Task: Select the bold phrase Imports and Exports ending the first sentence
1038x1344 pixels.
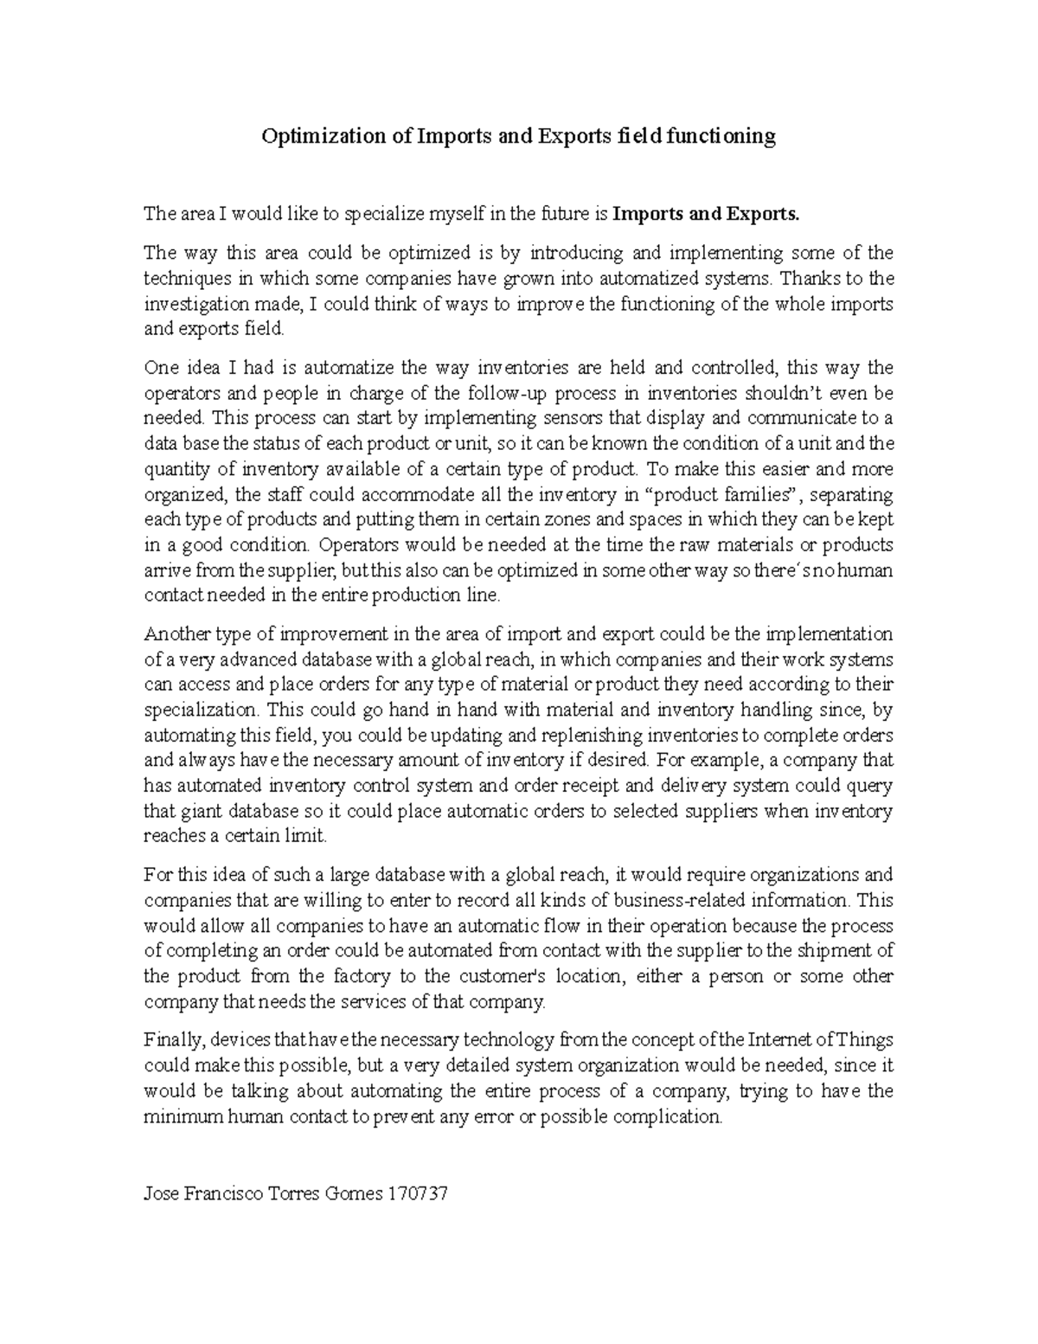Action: tap(706, 215)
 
